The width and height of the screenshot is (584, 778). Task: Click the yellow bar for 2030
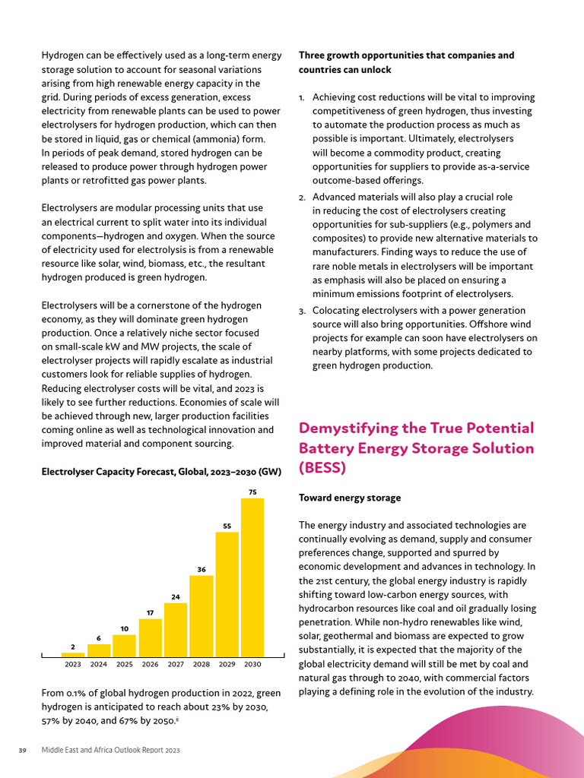pyautogui.click(x=252, y=577)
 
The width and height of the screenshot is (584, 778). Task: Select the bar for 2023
pyautogui.click(x=73, y=654)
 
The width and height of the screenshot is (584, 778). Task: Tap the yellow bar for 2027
pyautogui.click(x=176, y=630)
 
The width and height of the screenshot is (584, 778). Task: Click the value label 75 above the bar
pyautogui.click(x=252, y=492)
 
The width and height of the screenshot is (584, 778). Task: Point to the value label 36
pyautogui.click(x=202, y=569)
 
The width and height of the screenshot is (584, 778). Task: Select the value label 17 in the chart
pyautogui.click(x=151, y=612)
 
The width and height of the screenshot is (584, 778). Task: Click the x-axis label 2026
pyautogui.click(x=151, y=664)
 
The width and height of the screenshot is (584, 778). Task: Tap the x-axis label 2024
pyautogui.click(x=99, y=664)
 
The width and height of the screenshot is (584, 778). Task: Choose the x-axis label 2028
pyautogui.click(x=202, y=664)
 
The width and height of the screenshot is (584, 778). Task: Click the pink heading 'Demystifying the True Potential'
pyautogui.click(x=416, y=428)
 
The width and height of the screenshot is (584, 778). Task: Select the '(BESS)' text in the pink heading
pyautogui.click(x=322, y=468)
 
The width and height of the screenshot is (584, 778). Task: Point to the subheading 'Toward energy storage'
pyautogui.click(x=350, y=498)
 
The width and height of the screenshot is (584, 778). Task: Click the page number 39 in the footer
pyautogui.click(x=22, y=751)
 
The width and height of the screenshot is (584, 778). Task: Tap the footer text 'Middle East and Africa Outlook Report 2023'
pyautogui.click(x=110, y=751)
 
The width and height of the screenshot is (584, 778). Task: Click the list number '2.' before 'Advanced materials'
pyautogui.click(x=302, y=198)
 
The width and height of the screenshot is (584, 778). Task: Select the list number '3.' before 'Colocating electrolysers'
pyautogui.click(x=302, y=311)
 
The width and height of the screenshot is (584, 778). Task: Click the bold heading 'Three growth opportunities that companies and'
pyautogui.click(x=406, y=55)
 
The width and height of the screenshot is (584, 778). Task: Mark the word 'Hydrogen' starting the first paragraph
pyautogui.click(x=62, y=55)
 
